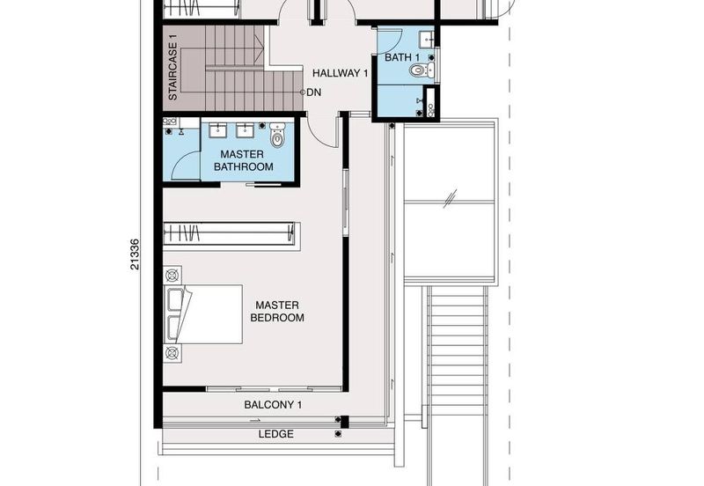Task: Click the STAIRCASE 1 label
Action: tap(173, 68)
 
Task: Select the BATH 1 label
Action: tap(401, 58)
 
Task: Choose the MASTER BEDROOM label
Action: tap(277, 311)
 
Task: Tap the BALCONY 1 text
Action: tap(273, 405)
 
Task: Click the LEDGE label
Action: tap(275, 434)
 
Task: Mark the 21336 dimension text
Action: tap(135, 255)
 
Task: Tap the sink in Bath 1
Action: tap(426, 38)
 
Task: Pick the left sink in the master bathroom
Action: tap(216, 131)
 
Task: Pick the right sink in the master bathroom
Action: tap(246, 131)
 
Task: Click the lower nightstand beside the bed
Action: tap(171, 353)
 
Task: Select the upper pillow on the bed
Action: tap(174, 299)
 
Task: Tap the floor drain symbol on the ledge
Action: tap(337, 434)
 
